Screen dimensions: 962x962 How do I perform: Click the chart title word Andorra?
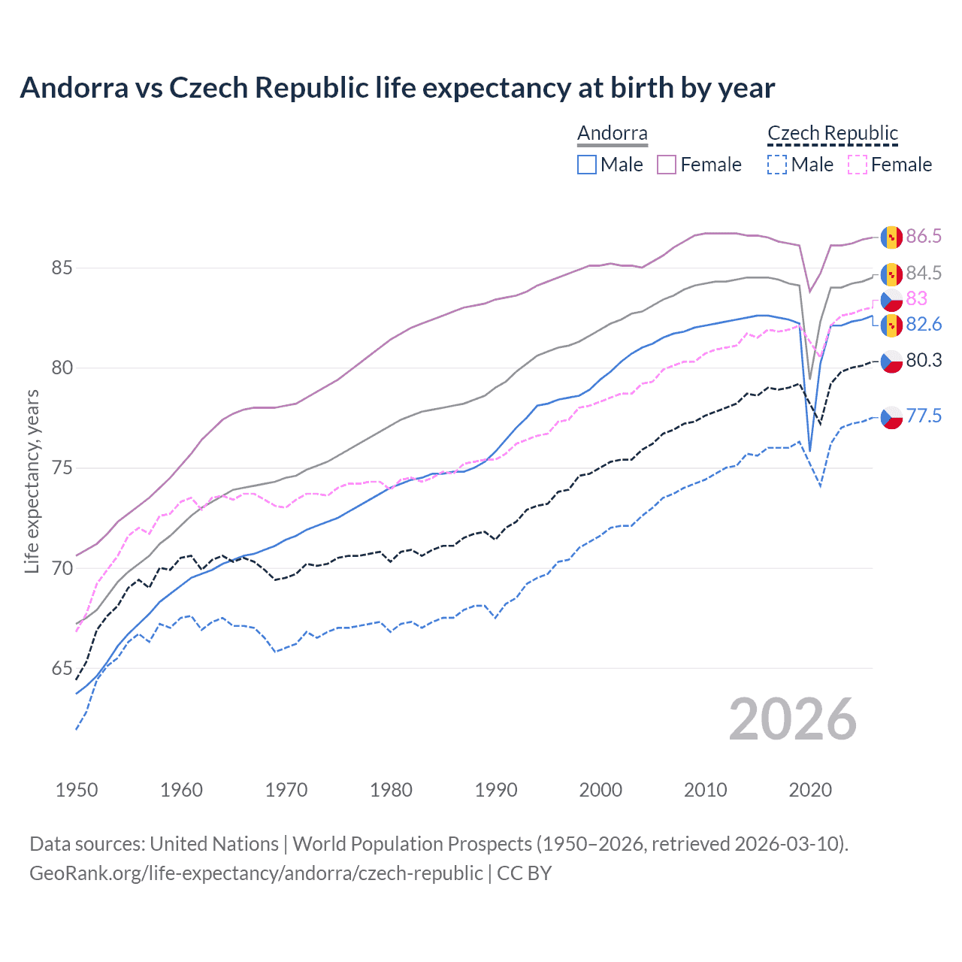74,88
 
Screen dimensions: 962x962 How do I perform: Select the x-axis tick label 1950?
77,790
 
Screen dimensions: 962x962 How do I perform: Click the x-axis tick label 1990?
496,790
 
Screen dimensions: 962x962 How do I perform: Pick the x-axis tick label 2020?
810,790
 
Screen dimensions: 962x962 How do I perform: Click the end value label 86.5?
924,237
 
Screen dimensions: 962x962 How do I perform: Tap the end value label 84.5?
924,273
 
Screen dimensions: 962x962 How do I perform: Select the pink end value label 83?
916,299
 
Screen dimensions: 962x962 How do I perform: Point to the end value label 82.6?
924,325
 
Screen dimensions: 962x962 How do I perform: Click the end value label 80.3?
924,361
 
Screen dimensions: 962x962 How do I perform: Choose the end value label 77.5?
924,416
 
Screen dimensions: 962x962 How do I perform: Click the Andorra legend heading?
613,134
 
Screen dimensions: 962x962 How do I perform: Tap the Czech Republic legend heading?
833,134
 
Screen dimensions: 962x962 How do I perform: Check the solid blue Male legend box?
587,165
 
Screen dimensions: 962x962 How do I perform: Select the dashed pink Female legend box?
858,165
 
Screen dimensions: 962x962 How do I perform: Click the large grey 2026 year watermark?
793,719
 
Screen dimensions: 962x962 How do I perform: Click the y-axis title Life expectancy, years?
32,481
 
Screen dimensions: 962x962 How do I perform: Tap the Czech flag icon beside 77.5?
891,417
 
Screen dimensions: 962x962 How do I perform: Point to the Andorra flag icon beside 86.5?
891,237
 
